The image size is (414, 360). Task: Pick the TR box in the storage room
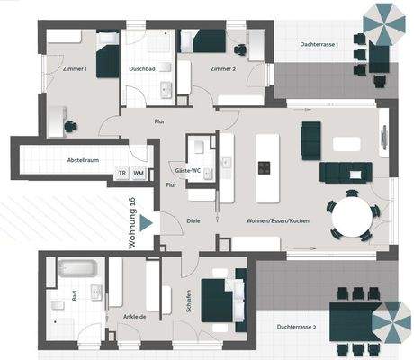tap(121, 173)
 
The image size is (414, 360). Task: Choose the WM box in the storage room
tap(139, 173)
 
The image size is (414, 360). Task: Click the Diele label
tap(193, 220)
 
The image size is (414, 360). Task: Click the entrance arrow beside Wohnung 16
tap(147, 220)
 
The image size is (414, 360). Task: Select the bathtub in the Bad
tap(76, 267)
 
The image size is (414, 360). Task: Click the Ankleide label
tap(121, 317)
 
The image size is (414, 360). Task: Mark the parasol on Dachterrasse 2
tap(391, 319)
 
